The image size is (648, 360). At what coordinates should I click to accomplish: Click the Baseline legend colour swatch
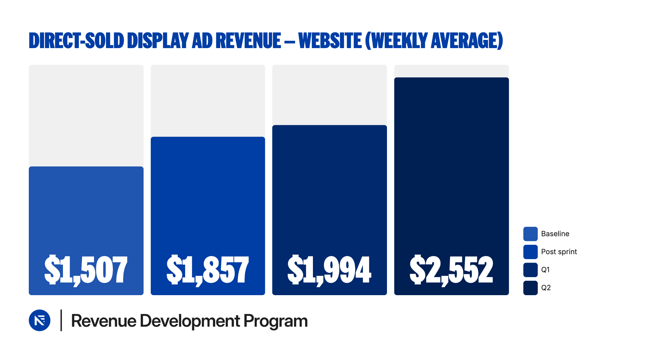(x=530, y=234)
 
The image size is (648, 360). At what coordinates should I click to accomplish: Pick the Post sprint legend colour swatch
(x=530, y=252)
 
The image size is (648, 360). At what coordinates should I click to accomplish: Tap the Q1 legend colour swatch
(x=530, y=270)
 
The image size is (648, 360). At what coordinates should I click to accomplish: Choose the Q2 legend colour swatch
(x=530, y=288)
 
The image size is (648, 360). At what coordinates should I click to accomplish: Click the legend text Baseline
(x=555, y=234)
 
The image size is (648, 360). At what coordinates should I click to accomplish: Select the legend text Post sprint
(x=559, y=252)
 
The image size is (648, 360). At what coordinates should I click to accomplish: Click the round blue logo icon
(x=40, y=320)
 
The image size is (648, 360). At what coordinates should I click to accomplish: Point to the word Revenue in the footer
(x=103, y=321)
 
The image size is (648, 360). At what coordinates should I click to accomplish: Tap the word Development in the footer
(x=190, y=321)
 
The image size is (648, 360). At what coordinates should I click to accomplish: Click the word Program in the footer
(x=275, y=321)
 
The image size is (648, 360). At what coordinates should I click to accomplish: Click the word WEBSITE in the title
(x=330, y=41)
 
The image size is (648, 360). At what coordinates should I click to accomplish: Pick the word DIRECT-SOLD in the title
(x=76, y=41)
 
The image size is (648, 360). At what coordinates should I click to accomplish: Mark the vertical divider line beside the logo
(x=61, y=320)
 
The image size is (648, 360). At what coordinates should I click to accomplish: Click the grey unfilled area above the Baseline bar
(x=86, y=115)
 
